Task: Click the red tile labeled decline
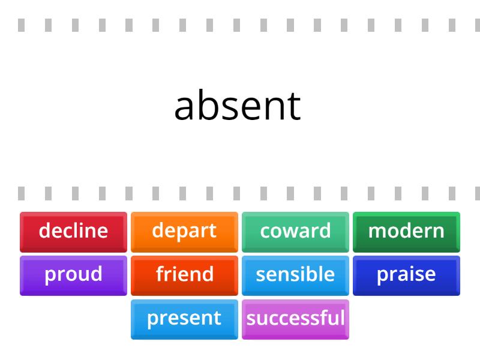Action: [73, 231]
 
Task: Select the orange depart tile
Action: [184, 231]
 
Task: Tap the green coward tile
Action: [295, 231]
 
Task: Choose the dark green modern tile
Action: [406, 231]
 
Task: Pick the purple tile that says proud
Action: [73, 275]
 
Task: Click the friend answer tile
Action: [184, 275]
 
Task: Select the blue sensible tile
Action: [295, 275]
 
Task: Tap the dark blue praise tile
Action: [406, 275]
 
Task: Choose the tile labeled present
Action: [184, 319]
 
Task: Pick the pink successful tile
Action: [295, 319]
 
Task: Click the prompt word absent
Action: [238, 106]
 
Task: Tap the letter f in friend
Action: [160, 274]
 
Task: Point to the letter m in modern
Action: [376, 232]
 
